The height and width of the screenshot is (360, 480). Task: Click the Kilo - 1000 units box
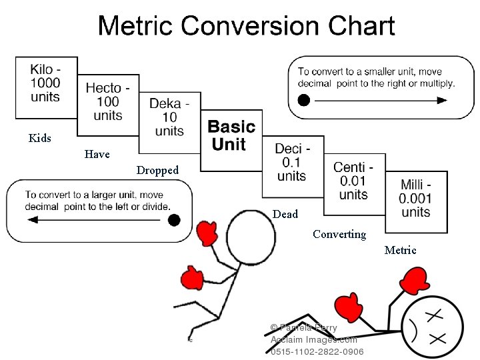(x=46, y=86)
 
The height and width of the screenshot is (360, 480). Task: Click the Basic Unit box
(x=231, y=136)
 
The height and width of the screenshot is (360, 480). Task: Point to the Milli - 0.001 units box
(x=416, y=199)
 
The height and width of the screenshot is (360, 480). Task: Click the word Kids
(x=40, y=139)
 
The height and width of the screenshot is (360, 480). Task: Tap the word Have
(x=97, y=155)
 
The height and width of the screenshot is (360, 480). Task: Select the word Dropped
(x=157, y=171)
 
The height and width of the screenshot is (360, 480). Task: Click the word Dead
(x=285, y=215)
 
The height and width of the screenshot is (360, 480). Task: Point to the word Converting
(x=339, y=235)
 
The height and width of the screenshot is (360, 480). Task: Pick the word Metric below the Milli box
(x=400, y=251)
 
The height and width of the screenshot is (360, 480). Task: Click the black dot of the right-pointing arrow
(x=304, y=101)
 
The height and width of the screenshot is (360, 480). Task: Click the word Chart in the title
(x=357, y=27)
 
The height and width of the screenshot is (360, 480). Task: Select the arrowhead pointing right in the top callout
(x=442, y=101)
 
